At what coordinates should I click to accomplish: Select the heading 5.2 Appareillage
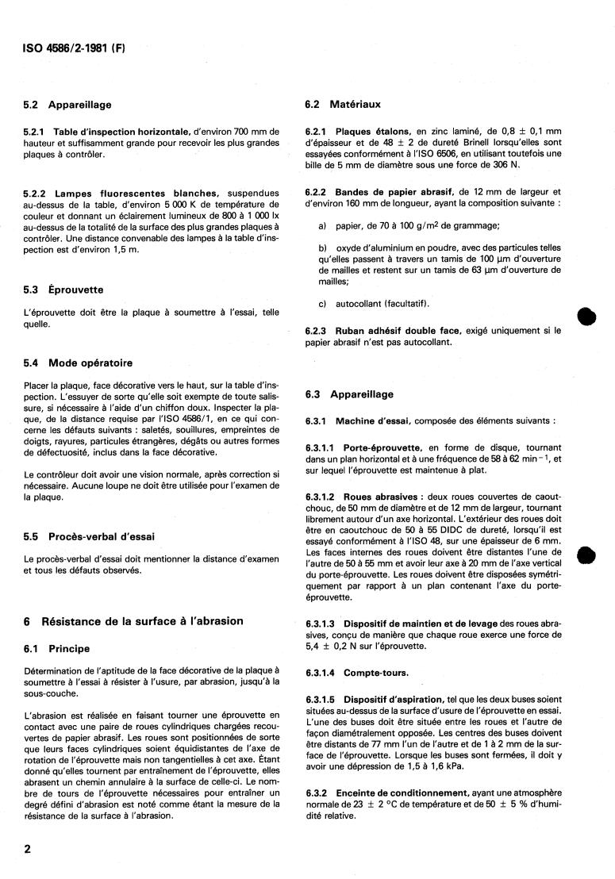(67, 105)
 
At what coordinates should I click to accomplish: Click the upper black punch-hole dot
(586, 316)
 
